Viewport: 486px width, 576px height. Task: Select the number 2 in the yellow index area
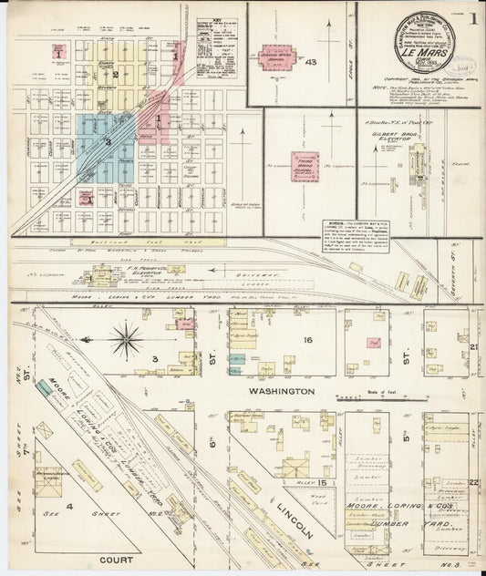[115, 73]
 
